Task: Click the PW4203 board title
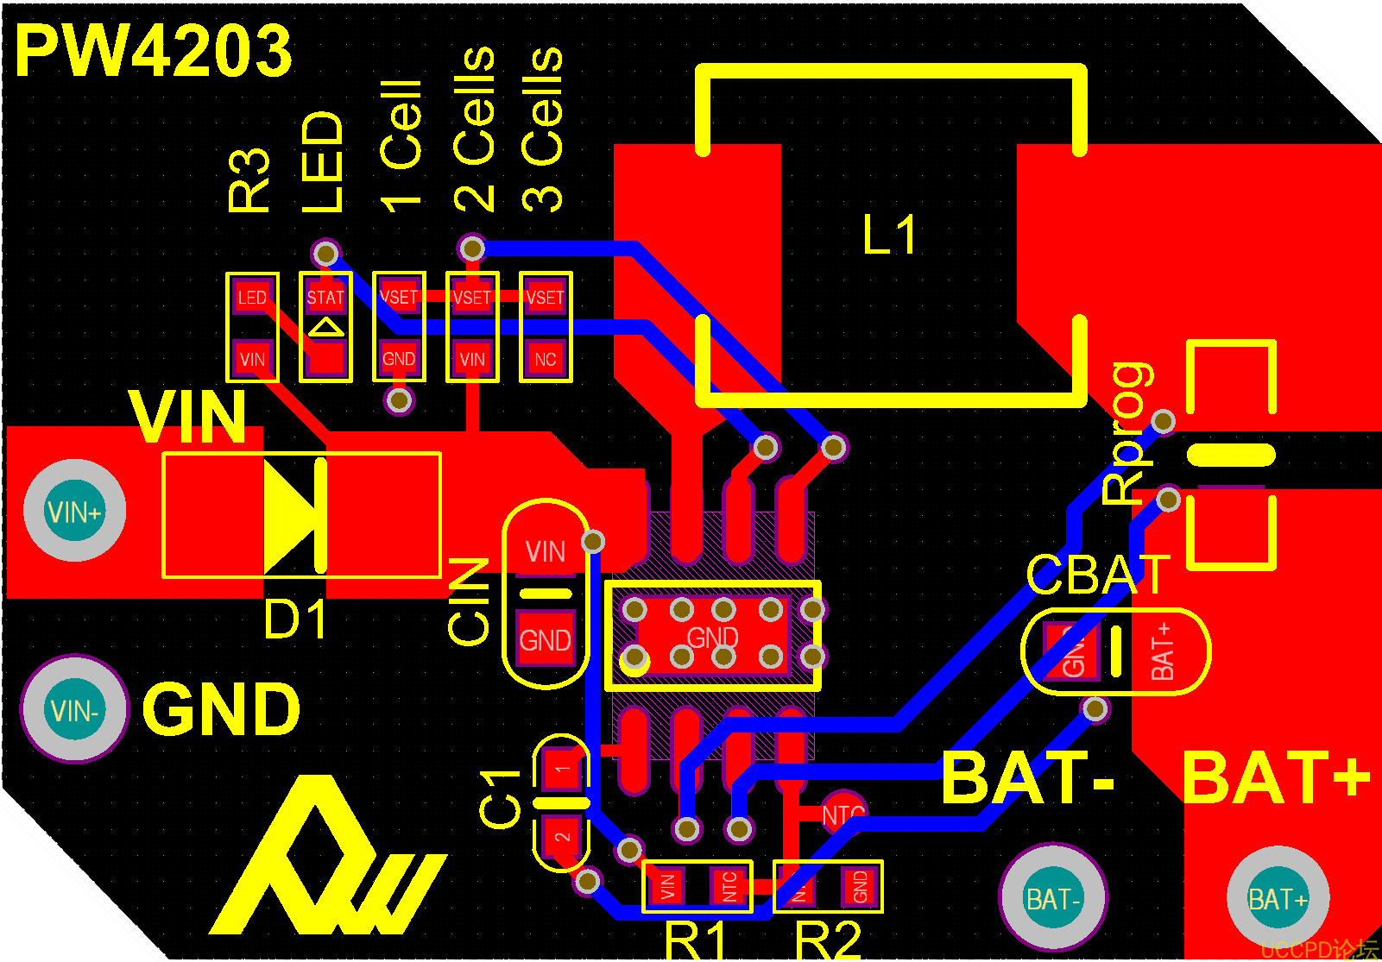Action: pyautogui.click(x=154, y=50)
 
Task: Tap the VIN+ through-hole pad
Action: pyautogui.click(x=74, y=512)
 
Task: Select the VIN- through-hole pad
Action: pyautogui.click(x=74, y=710)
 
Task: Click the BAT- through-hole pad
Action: pyautogui.click(x=1052, y=899)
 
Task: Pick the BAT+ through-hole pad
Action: pyautogui.click(x=1278, y=899)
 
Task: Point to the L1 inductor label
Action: pyautogui.click(x=889, y=235)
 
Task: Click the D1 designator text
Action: pyautogui.click(x=296, y=619)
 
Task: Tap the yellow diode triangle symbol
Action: pyautogui.click(x=290, y=516)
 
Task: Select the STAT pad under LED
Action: pyautogui.click(x=325, y=298)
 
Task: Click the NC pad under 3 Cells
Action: pyautogui.click(x=545, y=359)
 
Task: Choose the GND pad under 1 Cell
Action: pyautogui.click(x=399, y=359)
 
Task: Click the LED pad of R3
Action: pyautogui.click(x=252, y=298)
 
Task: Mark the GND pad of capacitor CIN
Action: pyautogui.click(x=545, y=639)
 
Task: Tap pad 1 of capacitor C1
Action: pyautogui.click(x=562, y=768)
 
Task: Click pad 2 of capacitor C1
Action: pyautogui.click(x=562, y=836)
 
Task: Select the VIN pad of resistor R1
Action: pyautogui.click(x=667, y=886)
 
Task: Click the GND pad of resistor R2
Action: pyautogui.click(x=860, y=886)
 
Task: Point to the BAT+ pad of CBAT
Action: pyautogui.click(x=1162, y=651)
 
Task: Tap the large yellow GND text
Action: pyautogui.click(x=221, y=709)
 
